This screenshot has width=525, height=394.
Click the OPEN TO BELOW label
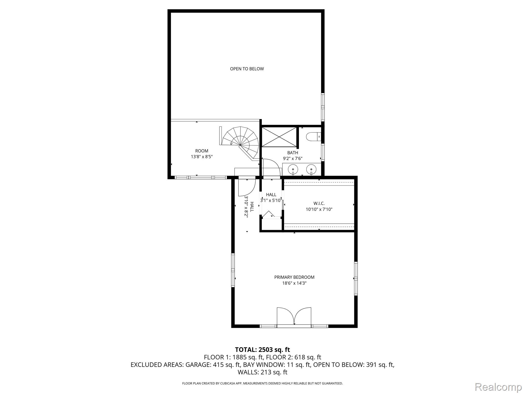[247, 69]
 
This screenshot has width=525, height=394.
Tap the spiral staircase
[241, 142]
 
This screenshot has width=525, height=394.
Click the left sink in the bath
[293, 169]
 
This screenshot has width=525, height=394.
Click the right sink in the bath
[311, 169]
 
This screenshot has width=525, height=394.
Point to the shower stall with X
[279, 137]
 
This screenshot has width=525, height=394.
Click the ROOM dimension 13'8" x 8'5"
[201, 156]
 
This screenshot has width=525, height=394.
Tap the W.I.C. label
[319, 203]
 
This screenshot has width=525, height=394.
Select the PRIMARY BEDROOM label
[294, 277]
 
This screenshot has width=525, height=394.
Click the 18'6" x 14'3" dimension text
[294, 283]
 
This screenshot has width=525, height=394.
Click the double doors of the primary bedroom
[294, 317]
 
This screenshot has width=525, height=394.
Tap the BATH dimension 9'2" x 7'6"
[292, 159]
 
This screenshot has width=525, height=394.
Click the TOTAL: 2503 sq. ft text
[262, 350]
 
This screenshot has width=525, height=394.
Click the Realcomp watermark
[498, 387]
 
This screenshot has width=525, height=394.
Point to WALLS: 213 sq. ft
[262, 372]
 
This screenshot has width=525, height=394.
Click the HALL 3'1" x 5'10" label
[271, 198]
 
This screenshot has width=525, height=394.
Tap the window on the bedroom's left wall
[233, 270]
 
